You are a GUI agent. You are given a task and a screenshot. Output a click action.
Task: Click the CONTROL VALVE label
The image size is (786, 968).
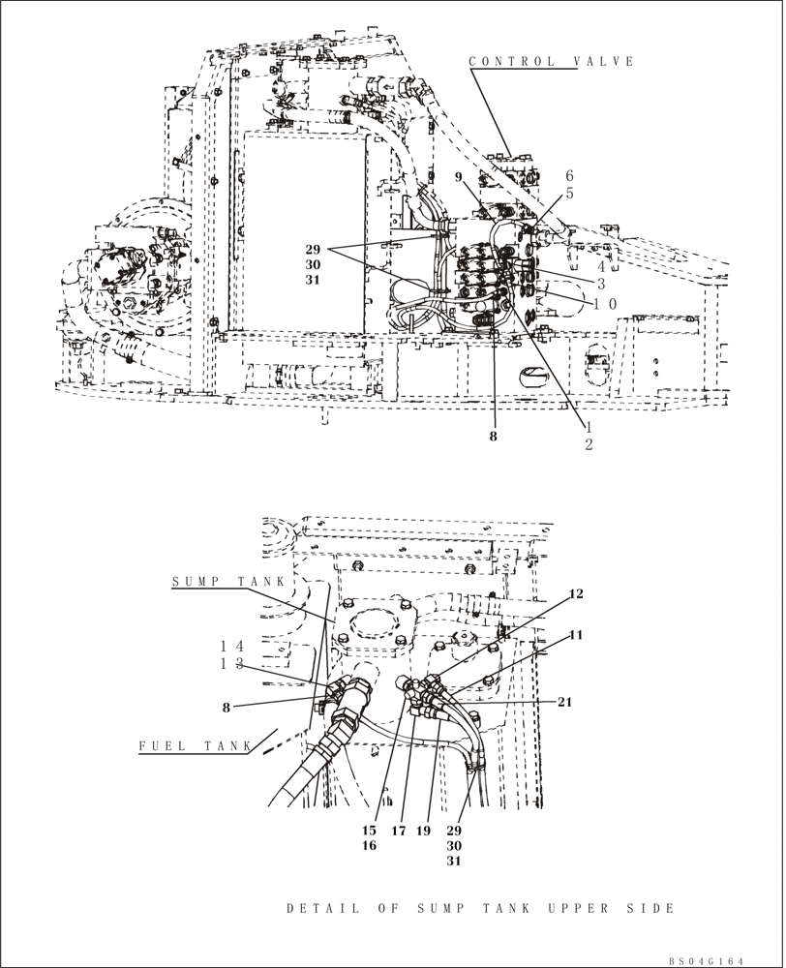(552, 62)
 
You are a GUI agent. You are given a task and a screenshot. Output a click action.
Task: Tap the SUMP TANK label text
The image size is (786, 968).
(228, 582)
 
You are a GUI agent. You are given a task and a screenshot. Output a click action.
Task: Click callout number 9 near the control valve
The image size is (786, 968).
(460, 177)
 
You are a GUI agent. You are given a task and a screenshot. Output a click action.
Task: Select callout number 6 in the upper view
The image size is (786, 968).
(570, 175)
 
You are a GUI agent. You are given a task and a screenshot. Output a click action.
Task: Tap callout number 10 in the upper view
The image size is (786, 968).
(605, 304)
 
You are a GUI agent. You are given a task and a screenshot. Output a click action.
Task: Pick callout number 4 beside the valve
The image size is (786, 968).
(602, 265)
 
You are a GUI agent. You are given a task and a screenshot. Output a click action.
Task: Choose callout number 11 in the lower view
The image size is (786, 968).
(576, 635)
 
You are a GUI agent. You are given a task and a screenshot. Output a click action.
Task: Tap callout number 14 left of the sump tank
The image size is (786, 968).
(230, 646)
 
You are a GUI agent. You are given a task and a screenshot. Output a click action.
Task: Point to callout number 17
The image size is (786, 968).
(397, 831)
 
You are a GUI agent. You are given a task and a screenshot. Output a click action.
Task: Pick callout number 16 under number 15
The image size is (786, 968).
(369, 845)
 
